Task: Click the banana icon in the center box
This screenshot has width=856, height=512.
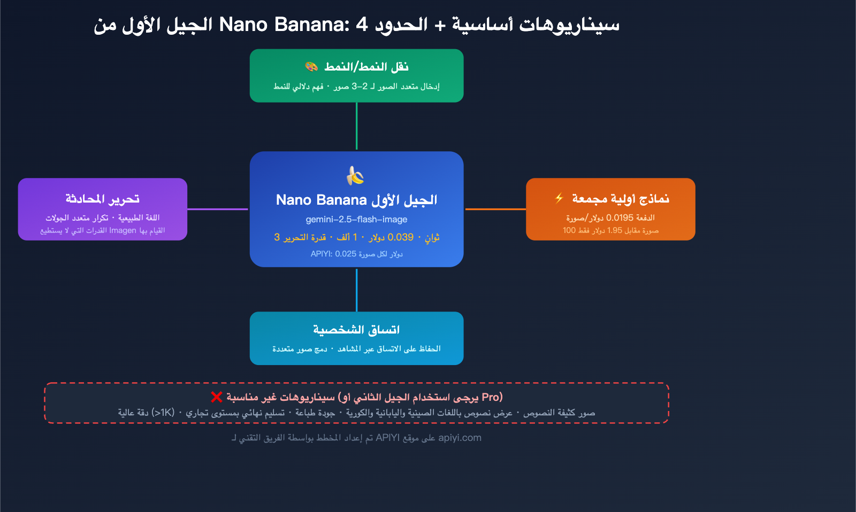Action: click(355, 175)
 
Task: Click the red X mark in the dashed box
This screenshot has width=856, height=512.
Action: click(216, 397)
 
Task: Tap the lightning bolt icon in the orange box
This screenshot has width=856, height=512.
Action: click(559, 198)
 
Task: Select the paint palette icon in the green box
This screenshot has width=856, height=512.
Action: click(311, 67)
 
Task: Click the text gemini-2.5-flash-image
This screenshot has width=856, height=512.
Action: click(356, 219)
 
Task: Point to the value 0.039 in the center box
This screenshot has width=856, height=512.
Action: click(400, 237)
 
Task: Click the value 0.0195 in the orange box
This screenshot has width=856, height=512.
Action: click(620, 218)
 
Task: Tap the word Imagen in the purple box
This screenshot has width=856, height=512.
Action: click(123, 230)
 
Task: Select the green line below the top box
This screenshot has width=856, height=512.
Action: click(356, 126)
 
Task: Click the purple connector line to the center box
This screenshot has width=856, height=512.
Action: click(218, 209)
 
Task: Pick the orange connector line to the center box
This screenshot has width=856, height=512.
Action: click(495, 209)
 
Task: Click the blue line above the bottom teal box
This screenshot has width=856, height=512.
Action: click(356, 290)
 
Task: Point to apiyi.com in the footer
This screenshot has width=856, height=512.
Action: click(460, 438)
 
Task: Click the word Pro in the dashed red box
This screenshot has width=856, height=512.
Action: click(491, 397)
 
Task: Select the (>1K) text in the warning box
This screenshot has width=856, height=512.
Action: click(163, 413)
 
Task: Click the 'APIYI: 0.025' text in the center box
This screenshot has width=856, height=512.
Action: click(333, 254)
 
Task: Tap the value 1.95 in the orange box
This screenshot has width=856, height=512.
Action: click(615, 230)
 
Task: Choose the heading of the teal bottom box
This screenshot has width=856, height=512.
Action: click(356, 330)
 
